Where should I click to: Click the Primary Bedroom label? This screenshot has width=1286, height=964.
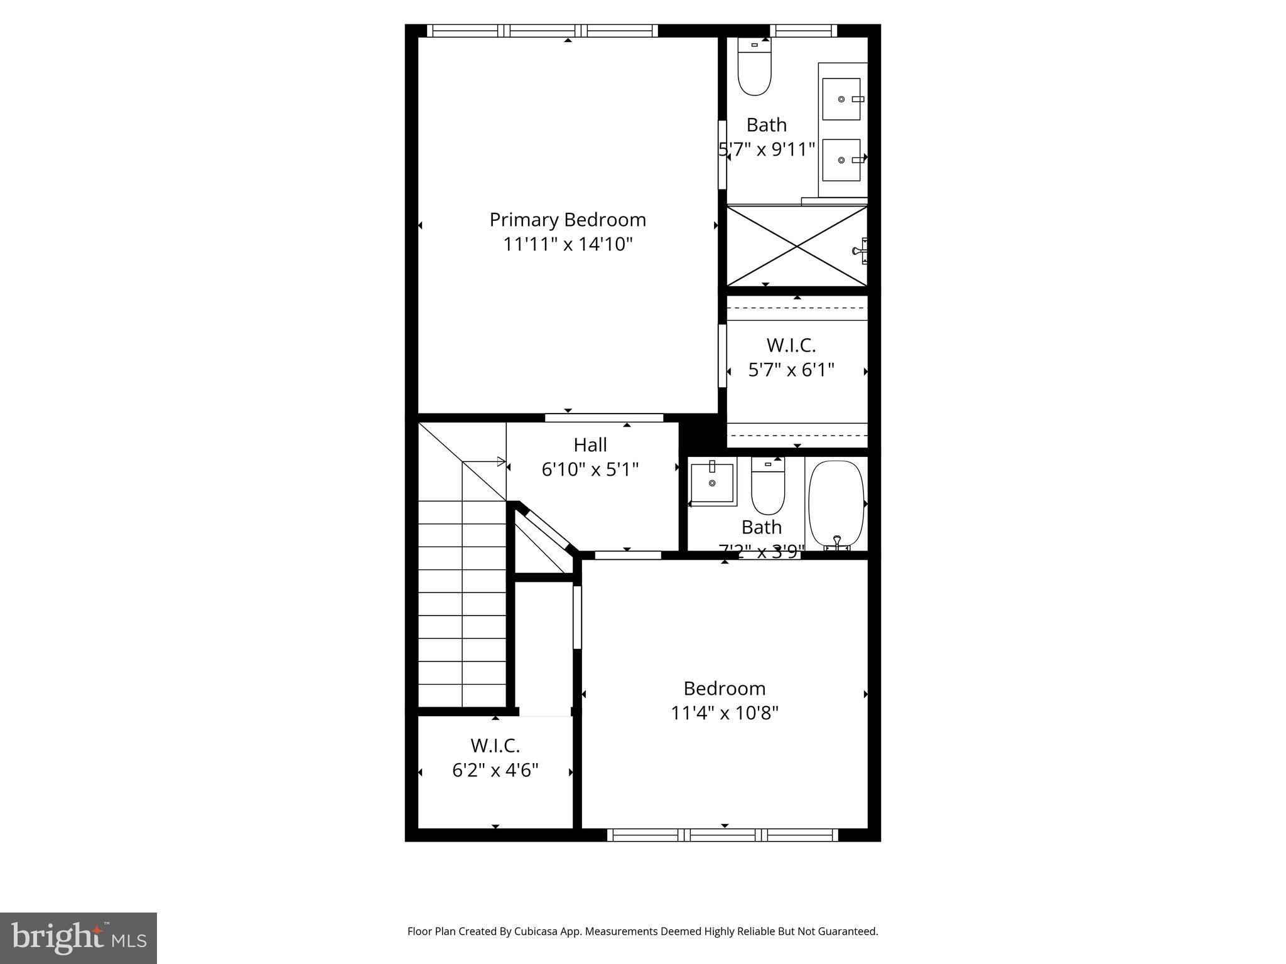[x=568, y=220]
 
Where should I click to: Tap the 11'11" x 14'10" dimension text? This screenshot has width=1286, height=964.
[x=568, y=244]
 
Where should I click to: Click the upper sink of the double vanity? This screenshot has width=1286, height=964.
[x=841, y=99]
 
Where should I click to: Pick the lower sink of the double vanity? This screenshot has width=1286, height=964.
[x=841, y=160]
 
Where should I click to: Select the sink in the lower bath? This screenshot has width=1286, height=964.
[x=712, y=483]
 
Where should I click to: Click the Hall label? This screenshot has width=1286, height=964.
[x=590, y=445]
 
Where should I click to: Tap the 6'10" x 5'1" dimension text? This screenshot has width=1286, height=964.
[x=590, y=469]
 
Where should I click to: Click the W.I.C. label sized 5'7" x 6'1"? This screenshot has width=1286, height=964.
[x=791, y=345]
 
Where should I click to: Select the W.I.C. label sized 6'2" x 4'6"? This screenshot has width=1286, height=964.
[x=495, y=746]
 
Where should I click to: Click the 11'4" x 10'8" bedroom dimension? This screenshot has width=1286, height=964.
[x=725, y=713]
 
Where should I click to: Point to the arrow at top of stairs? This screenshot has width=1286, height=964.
[x=500, y=462]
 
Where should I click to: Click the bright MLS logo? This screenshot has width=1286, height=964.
[x=78, y=938]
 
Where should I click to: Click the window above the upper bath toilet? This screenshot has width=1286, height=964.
[x=803, y=31]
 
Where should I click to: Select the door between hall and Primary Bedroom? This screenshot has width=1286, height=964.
[x=604, y=417]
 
